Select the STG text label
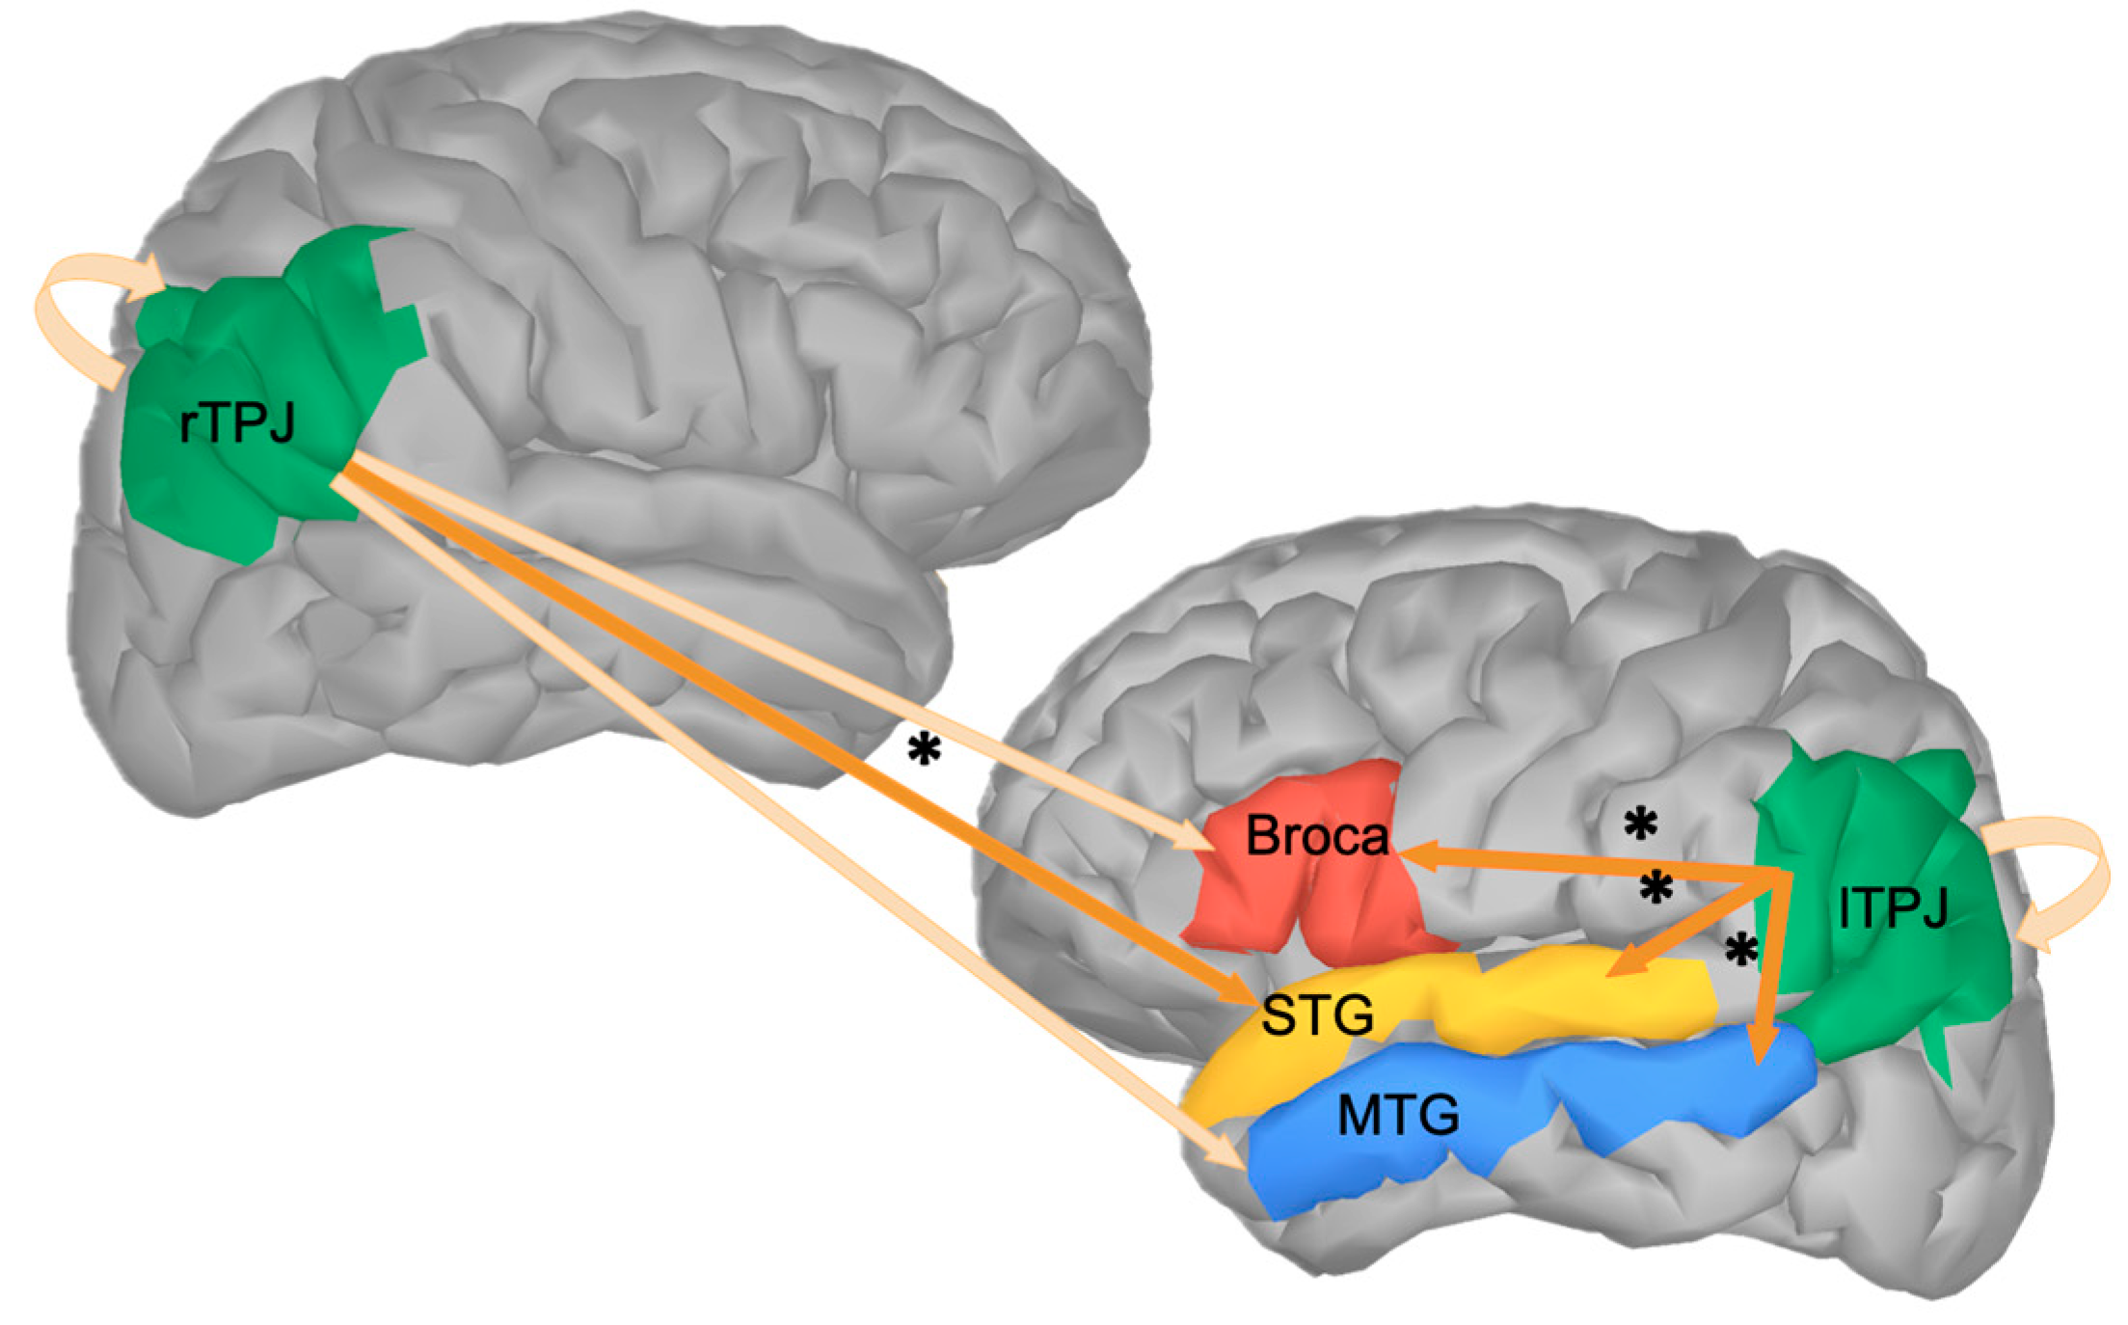click(x=1317, y=1014)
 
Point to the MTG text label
click(x=1397, y=1116)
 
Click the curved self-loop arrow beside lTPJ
click(x=2063, y=878)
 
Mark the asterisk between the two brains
click(x=924, y=749)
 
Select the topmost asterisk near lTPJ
click(x=1640, y=825)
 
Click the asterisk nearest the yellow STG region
click(x=1741, y=950)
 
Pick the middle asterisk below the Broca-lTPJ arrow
click(x=1657, y=887)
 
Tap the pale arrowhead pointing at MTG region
click(x=1229, y=1152)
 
